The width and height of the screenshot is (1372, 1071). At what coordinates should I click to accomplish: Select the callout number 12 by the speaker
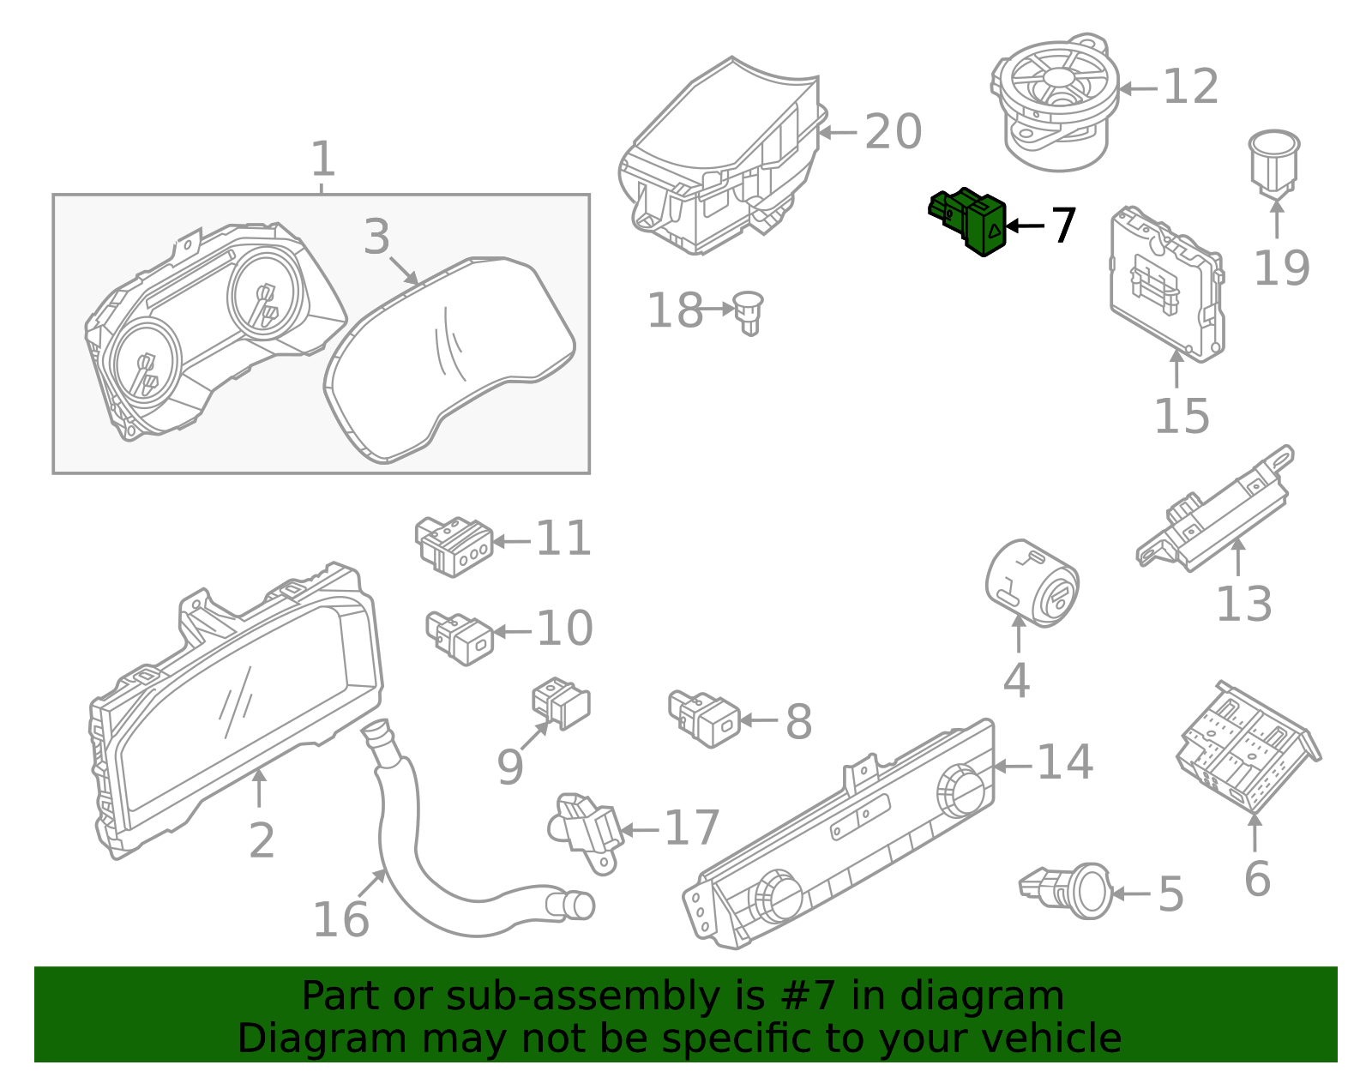[x=1191, y=87]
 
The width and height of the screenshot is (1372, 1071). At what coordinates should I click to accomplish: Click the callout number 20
[x=893, y=132]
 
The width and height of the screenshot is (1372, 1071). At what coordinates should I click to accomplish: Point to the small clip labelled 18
[x=749, y=312]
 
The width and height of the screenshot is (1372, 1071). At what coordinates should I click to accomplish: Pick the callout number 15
[x=1182, y=417]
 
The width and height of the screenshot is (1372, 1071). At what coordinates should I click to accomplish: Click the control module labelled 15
[x=1166, y=283]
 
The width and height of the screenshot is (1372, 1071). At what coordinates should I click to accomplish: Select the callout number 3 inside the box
[x=376, y=237]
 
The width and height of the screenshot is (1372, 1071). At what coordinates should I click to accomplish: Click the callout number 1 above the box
[x=322, y=159]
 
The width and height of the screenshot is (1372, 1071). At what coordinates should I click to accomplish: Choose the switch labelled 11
[x=454, y=545]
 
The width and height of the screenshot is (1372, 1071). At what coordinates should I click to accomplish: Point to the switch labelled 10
[x=460, y=637]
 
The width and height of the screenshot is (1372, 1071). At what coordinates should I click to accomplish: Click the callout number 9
[x=510, y=767]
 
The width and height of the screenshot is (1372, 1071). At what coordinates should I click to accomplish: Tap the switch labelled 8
[x=705, y=719]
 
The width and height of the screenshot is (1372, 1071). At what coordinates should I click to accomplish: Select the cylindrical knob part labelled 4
[x=1032, y=583]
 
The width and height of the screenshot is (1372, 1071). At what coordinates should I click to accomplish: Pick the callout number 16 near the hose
[x=340, y=919]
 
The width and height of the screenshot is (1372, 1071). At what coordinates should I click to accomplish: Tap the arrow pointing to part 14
[x=1012, y=766]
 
